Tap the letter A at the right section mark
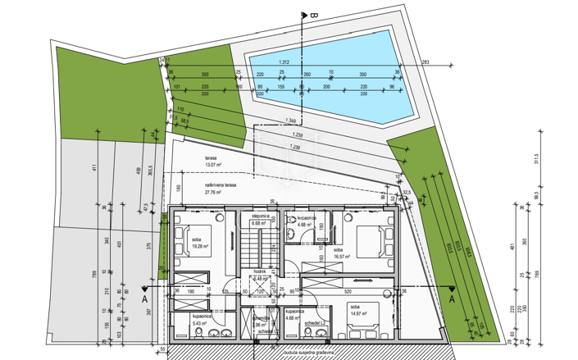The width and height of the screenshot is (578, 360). (x=450, y=299)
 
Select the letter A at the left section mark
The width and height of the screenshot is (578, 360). (x=144, y=299)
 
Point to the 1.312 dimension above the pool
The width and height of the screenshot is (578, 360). (x=284, y=62)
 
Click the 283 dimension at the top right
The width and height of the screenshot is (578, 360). (x=426, y=62)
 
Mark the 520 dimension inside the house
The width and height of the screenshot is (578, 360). (x=348, y=292)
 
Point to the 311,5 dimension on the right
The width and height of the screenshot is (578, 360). (x=538, y=161)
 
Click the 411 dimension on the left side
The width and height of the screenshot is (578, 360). (x=94, y=168)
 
